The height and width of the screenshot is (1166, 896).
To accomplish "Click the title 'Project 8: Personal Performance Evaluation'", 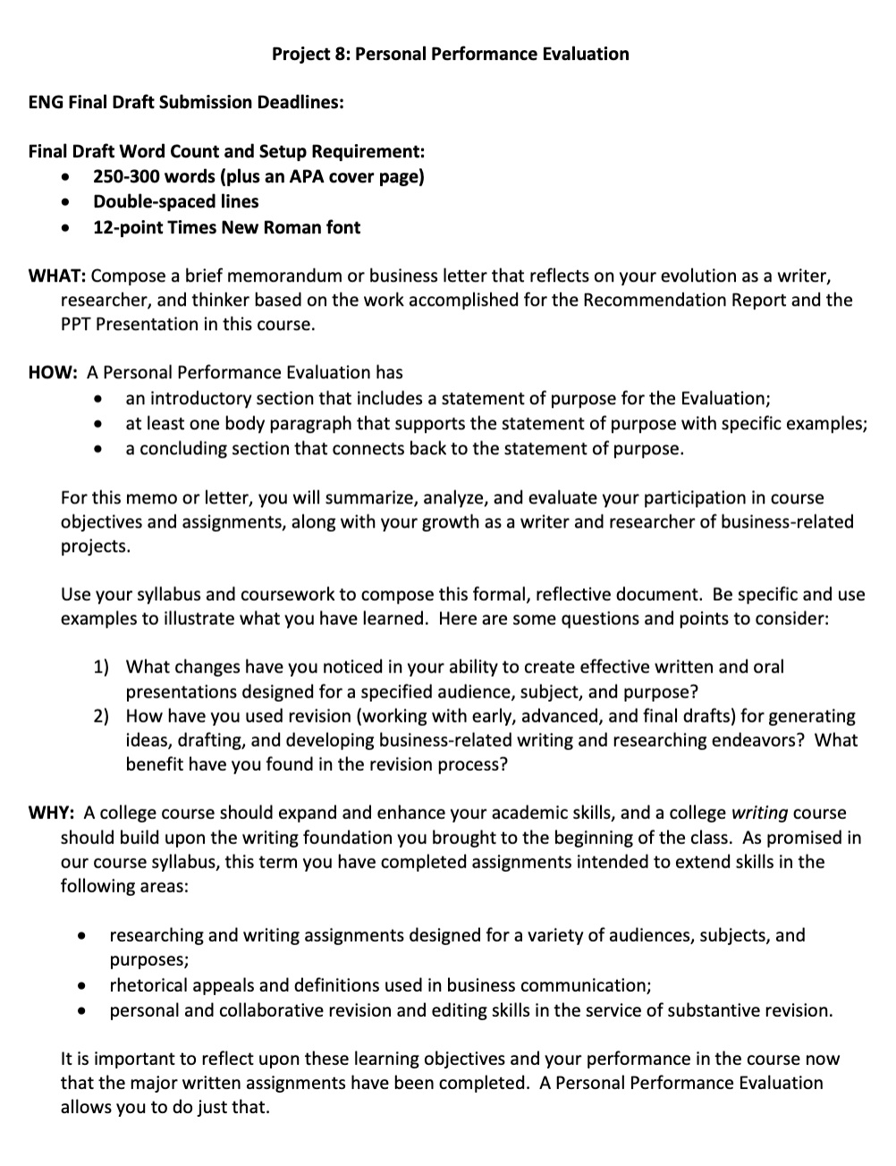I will [450, 54].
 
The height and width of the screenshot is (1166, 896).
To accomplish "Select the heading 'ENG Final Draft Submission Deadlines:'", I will [186, 102].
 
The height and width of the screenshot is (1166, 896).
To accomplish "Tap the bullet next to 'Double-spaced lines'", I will [65, 202].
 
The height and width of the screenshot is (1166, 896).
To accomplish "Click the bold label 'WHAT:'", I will [57, 275].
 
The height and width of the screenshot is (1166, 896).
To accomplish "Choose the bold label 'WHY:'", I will [52, 813].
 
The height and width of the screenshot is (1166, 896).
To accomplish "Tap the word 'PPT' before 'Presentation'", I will [76, 324].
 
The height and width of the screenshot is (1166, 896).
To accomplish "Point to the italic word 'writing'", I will [759, 813].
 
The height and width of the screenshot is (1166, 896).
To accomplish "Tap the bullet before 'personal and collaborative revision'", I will [82, 1011].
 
